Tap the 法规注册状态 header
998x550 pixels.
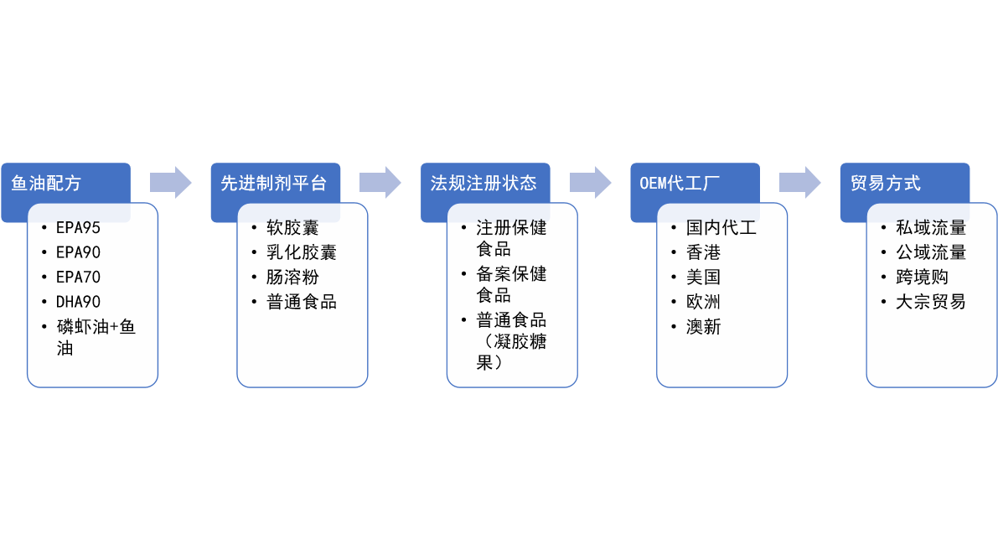pos(484,182)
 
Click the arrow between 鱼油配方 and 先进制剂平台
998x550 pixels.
pos(171,182)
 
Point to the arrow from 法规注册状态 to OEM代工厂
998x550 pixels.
pos(591,182)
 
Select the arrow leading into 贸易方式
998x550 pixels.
pos(800,182)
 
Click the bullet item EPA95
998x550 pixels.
pos(78,227)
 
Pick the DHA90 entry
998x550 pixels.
pos(78,302)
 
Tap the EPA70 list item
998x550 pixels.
pos(78,277)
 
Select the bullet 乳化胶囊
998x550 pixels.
pos(302,252)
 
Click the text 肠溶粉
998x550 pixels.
pos(292,277)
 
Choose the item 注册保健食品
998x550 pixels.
pos(511,238)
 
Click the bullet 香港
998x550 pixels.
pos(703,252)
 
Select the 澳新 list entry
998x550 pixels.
pos(703,327)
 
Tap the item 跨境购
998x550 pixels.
pos(922,277)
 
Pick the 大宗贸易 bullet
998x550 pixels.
pos(930,302)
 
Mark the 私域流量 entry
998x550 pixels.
pos(930,227)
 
